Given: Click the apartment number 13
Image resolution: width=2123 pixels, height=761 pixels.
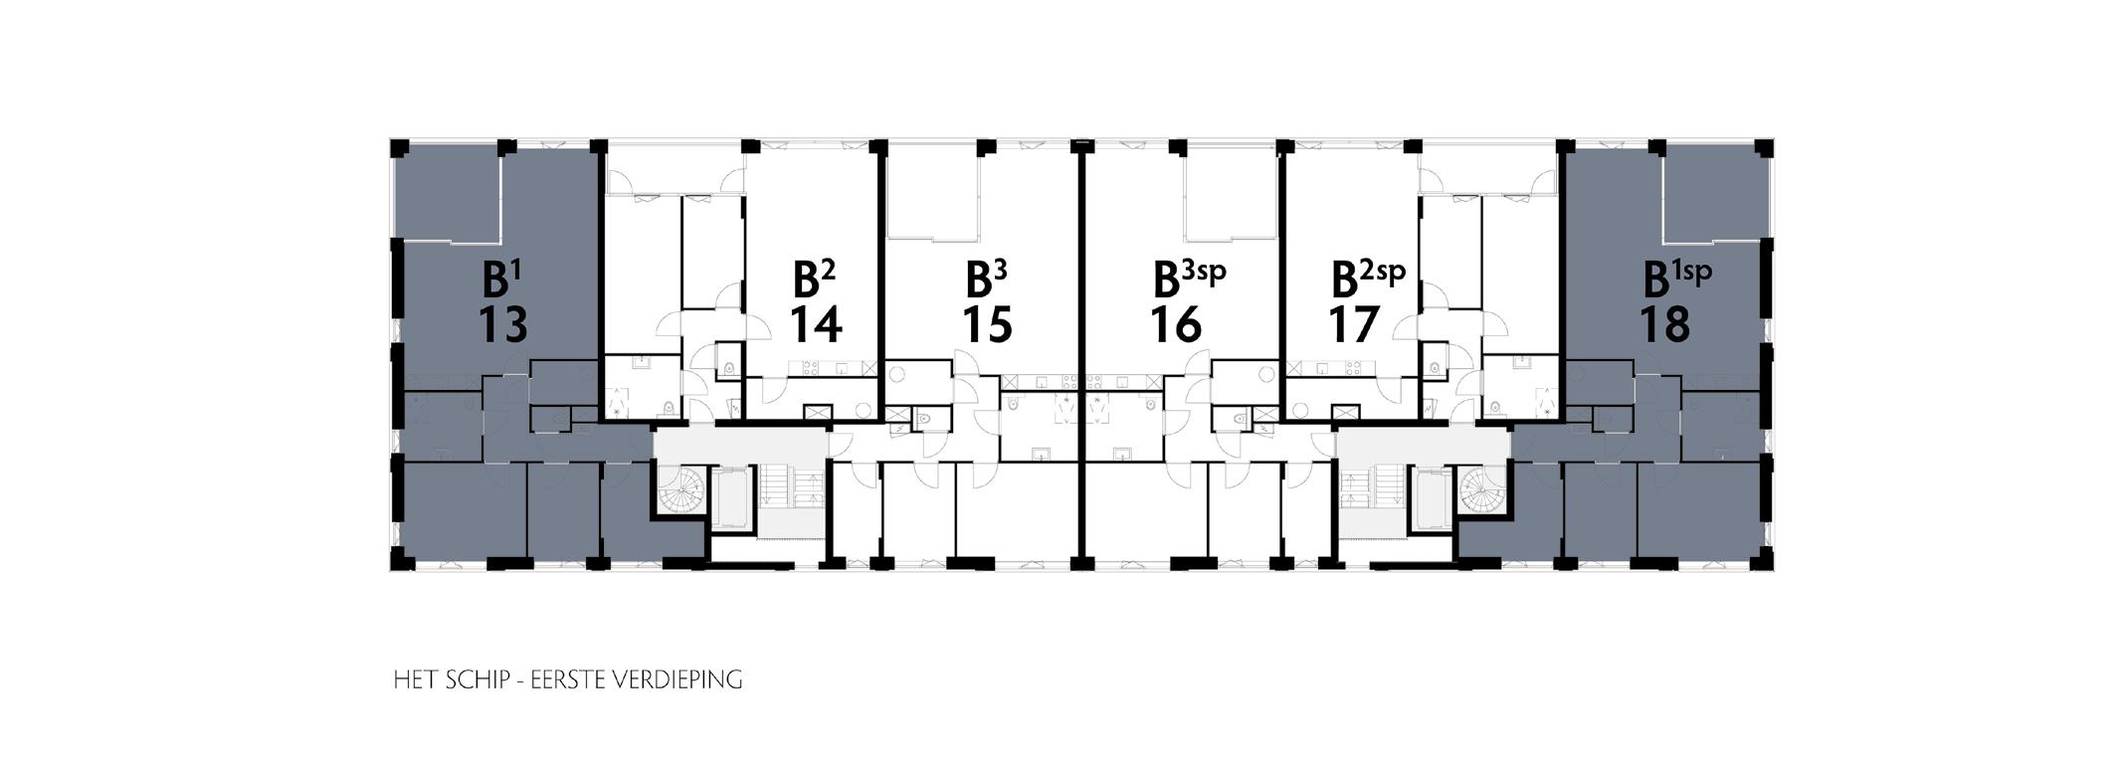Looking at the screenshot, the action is point(502,324).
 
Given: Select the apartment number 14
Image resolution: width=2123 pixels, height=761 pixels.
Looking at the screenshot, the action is point(816,324).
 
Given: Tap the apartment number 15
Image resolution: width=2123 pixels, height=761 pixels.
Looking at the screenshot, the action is point(987,324).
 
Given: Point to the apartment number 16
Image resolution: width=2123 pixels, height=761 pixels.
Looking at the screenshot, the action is point(1176,324).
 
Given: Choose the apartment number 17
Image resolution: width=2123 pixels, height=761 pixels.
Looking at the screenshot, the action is point(1354,324).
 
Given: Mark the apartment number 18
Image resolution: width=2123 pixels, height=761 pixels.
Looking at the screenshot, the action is point(1664,324).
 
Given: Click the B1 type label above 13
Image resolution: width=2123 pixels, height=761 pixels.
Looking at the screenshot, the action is point(502,280).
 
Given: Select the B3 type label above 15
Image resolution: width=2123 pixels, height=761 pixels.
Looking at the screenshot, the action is point(987,280).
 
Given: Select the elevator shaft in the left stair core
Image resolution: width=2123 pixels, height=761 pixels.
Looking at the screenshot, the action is point(734,498).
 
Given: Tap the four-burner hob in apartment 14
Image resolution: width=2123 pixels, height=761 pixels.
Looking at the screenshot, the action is point(808,368).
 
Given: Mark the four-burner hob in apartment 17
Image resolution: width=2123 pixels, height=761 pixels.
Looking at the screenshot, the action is point(1354,368).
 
